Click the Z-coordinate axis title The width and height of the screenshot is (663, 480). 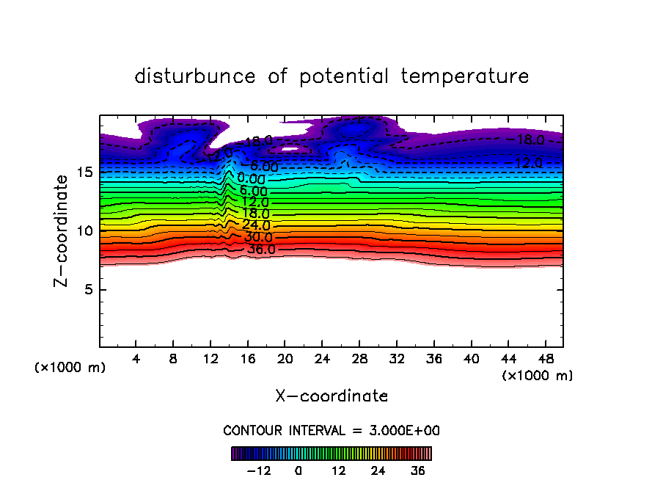tap(63, 230)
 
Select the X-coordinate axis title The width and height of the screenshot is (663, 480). tap(331, 396)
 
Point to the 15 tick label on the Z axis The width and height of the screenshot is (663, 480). tap(84, 172)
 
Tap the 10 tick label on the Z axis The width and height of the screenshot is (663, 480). tap(84, 230)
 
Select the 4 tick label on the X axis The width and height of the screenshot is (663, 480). tap(136, 359)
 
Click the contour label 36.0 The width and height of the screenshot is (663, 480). tap(261, 250)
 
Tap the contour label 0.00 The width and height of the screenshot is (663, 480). tap(251, 178)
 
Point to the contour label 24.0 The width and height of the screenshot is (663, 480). tap(256, 225)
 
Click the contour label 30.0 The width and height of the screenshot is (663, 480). tap(258, 238)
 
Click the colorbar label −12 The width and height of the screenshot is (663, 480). tap(260, 470)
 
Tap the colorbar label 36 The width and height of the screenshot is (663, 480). tap(417, 470)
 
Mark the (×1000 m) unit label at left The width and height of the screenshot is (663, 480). tap(70, 368)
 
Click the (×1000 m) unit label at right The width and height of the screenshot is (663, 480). tap(538, 376)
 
